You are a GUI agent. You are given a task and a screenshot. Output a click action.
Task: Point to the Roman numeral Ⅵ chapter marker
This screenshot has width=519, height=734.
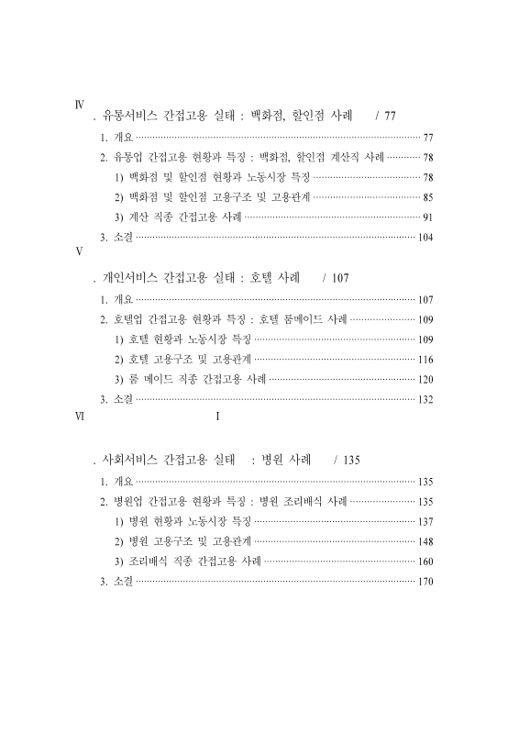[x=79, y=416]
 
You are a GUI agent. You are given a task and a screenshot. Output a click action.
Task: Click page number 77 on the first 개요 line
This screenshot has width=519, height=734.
[x=427, y=137]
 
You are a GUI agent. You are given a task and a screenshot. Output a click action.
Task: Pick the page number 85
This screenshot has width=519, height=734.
[x=427, y=197]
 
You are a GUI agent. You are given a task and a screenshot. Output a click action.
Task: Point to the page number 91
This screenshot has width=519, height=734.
[x=427, y=217]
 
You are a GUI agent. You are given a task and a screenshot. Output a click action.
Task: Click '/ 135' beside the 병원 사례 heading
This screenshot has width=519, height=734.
[x=348, y=460]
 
